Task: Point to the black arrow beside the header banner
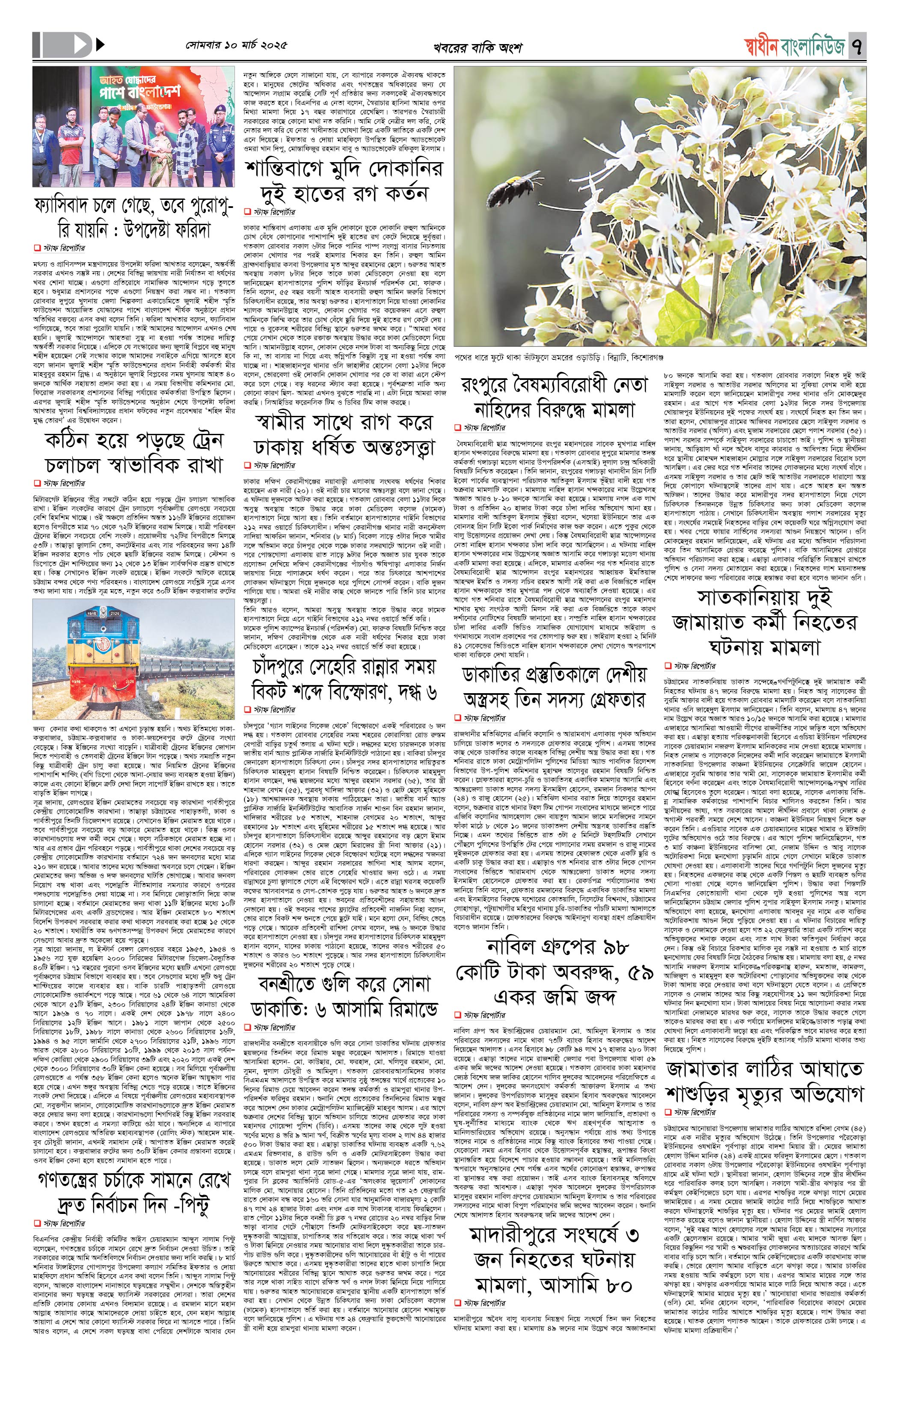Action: tap(100, 44)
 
